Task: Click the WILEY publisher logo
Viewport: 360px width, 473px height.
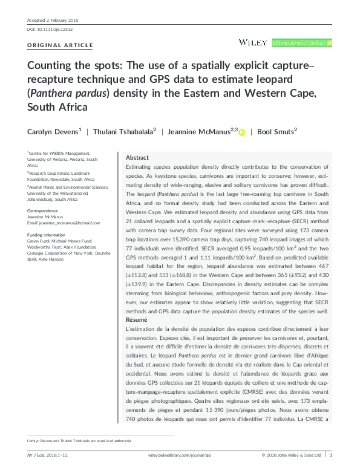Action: click(x=254, y=42)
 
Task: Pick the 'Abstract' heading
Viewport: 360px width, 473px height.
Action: click(x=137, y=157)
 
